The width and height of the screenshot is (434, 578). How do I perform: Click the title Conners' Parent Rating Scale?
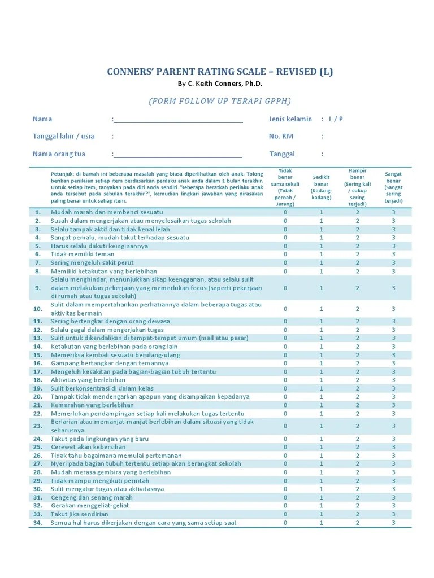[x=220, y=72]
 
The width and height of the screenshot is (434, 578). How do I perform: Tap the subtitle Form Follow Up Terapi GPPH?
[x=220, y=101]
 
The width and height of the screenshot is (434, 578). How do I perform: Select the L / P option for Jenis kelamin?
[x=337, y=119]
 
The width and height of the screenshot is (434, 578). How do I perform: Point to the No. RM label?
[x=281, y=136]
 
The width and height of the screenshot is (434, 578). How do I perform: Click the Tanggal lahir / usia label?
[x=63, y=136]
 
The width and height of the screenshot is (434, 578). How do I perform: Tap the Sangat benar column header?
[x=393, y=187]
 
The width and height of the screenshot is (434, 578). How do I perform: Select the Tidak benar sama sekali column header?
[x=285, y=187]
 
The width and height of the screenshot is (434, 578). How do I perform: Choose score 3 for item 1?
[x=393, y=212]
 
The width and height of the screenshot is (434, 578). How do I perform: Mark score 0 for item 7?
[x=285, y=263]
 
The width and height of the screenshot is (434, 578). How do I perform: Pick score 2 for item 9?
[x=357, y=288]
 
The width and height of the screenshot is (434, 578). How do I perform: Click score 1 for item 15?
[x=322, y=355]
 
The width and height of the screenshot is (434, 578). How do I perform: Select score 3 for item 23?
[x=393, y=426]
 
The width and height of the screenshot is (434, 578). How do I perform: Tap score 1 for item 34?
[x=322, y=523]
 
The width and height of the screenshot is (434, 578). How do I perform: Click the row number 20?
[x=38, y=397]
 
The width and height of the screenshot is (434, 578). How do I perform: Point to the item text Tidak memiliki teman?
[x=83, y=255]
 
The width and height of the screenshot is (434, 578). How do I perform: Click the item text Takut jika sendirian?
[x=79, y=514]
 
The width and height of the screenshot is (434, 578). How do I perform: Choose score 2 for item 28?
[x=357, y=472]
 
